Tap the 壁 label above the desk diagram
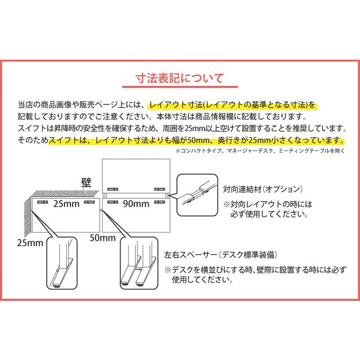coord(85,182)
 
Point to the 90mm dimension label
coord(136,204)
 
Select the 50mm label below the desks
coord(102,238)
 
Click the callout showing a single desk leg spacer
coord(63,265)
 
